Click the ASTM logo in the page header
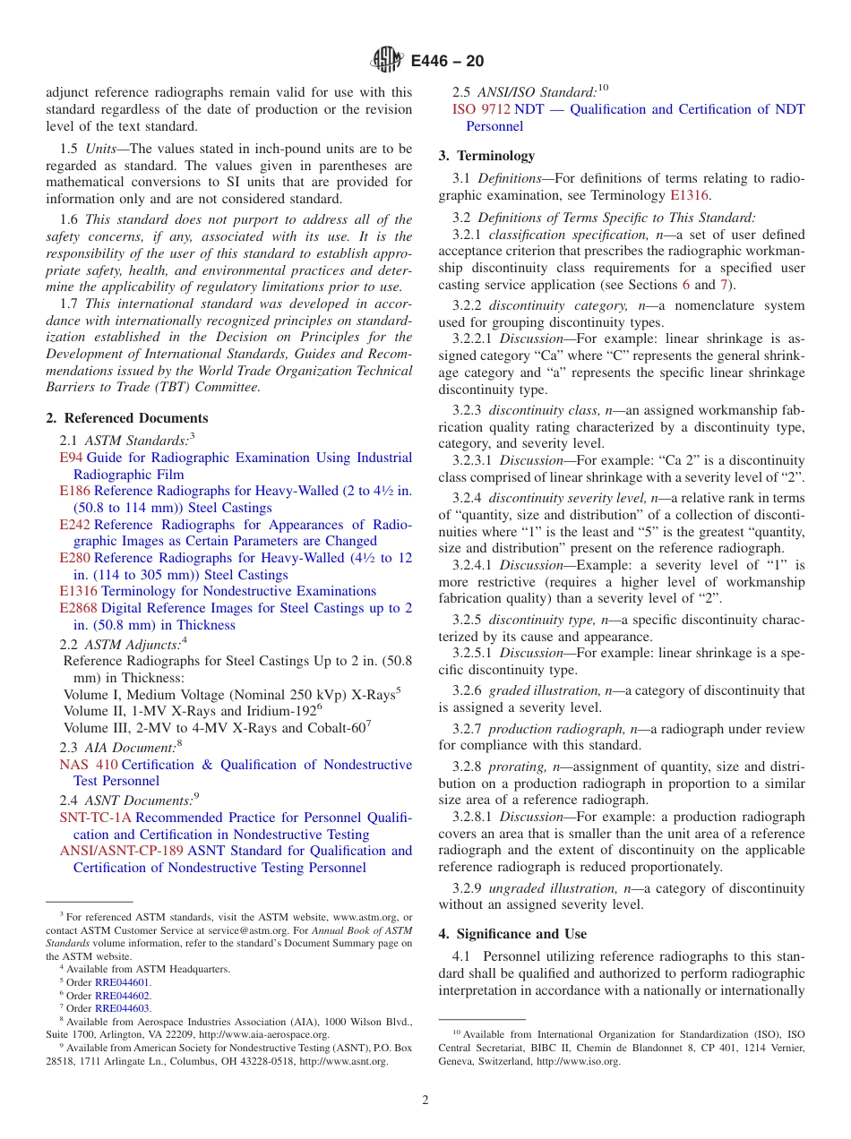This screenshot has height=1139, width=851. [388, 61]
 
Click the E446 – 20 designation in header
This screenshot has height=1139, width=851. [447, 61]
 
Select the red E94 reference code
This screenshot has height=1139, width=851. [71, 458]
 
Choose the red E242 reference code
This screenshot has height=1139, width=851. [74, 524]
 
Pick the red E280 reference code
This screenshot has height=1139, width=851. [74, 558]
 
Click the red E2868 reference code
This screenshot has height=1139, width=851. [78, 608]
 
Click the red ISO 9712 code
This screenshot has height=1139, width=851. [481, 109]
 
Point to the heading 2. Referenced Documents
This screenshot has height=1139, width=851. [127, 418]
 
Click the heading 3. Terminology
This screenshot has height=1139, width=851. [486, 155]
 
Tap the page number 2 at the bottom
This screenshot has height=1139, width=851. [425, 1100]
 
